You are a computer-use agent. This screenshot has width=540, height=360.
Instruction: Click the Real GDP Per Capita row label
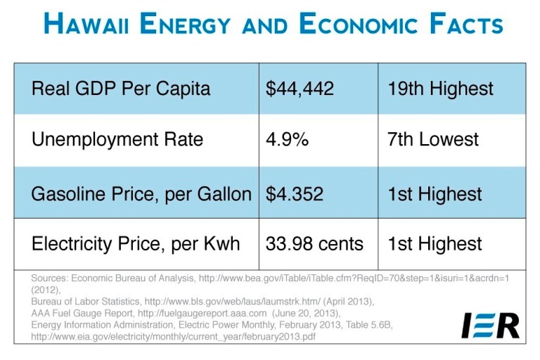tap(121, 89)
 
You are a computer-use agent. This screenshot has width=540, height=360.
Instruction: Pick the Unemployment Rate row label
tap(117, 139)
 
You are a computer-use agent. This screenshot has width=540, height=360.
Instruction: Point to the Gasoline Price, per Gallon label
tap(141, 193)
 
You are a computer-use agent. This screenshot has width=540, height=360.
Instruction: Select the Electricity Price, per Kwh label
tap(136, 244)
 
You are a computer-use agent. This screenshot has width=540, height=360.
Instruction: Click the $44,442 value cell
tap(300, 89)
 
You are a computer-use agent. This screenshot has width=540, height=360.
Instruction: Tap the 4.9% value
tap(287, 139)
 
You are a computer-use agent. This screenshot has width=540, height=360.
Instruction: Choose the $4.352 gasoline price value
tap(295, 193)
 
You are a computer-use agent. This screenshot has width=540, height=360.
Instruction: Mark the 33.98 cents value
tap(314, 244)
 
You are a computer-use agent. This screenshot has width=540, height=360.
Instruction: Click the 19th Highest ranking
tap(440, 89)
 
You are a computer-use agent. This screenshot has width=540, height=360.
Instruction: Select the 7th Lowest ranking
tap(432, 139)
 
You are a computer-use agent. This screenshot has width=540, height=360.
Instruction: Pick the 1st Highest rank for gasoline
tap(435, 193)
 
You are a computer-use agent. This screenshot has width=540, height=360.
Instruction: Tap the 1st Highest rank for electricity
tap(435, 244)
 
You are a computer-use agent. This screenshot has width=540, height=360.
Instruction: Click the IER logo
tap(490, 325)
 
